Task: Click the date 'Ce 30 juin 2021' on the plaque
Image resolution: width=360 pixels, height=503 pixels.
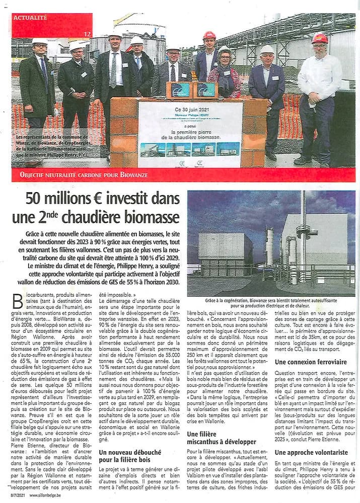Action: [190, 109]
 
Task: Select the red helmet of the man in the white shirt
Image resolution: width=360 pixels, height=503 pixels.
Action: [319, 39]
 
